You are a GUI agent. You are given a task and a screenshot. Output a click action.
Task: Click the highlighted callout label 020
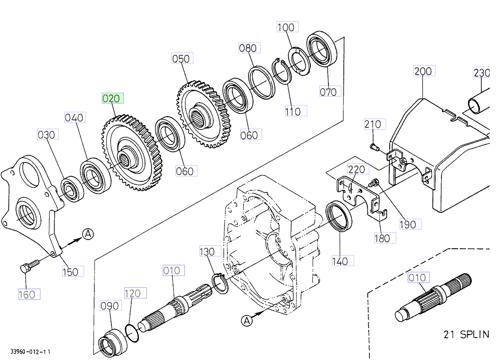[x=113, y=98]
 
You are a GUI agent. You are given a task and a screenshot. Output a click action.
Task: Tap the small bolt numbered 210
[x=374, y=146]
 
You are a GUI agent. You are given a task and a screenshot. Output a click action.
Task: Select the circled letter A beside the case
[x=247, y=320]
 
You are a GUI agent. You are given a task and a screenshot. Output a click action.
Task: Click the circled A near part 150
[x=87, y=234]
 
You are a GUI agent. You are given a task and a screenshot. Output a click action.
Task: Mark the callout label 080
[x=248, y=48]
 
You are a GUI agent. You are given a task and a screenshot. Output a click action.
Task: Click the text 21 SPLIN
[x=466, y=334]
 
